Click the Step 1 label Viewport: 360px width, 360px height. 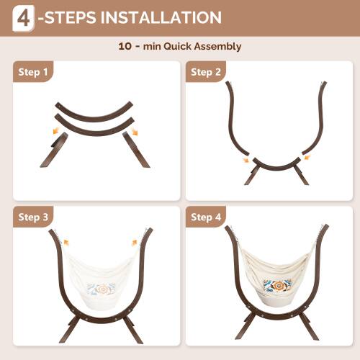(34, 72)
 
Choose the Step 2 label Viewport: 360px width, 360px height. (205, 72)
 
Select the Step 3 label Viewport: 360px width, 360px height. (34, 217)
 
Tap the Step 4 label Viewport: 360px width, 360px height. (205, 217)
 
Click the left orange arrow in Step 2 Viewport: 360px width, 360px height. (246, 160)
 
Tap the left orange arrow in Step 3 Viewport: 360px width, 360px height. (66, 243)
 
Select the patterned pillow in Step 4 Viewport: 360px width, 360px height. (277, 287)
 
